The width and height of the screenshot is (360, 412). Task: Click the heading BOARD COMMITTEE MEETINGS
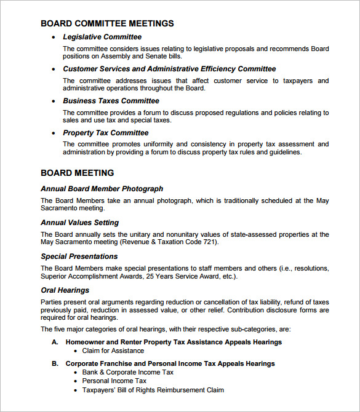coord(107,23)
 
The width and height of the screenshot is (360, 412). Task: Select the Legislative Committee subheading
coord(102,37)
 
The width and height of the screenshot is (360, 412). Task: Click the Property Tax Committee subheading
coord(105,133)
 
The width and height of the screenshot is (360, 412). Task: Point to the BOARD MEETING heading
coord(77,173)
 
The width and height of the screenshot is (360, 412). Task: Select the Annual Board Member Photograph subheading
coord(102,189)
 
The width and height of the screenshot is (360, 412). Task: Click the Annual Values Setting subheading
coord(79,223)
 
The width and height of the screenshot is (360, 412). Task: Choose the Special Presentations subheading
coord(79,256)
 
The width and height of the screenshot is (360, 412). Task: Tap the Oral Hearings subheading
coord(65,290)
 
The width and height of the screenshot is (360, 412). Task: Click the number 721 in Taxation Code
coord(209,242)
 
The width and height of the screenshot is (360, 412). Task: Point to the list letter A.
coord(55,342)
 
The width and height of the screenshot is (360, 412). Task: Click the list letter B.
coord(55,363)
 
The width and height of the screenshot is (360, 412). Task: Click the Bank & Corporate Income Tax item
coord(128,372)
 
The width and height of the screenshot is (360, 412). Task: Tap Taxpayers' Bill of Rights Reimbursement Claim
coord(153,390)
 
